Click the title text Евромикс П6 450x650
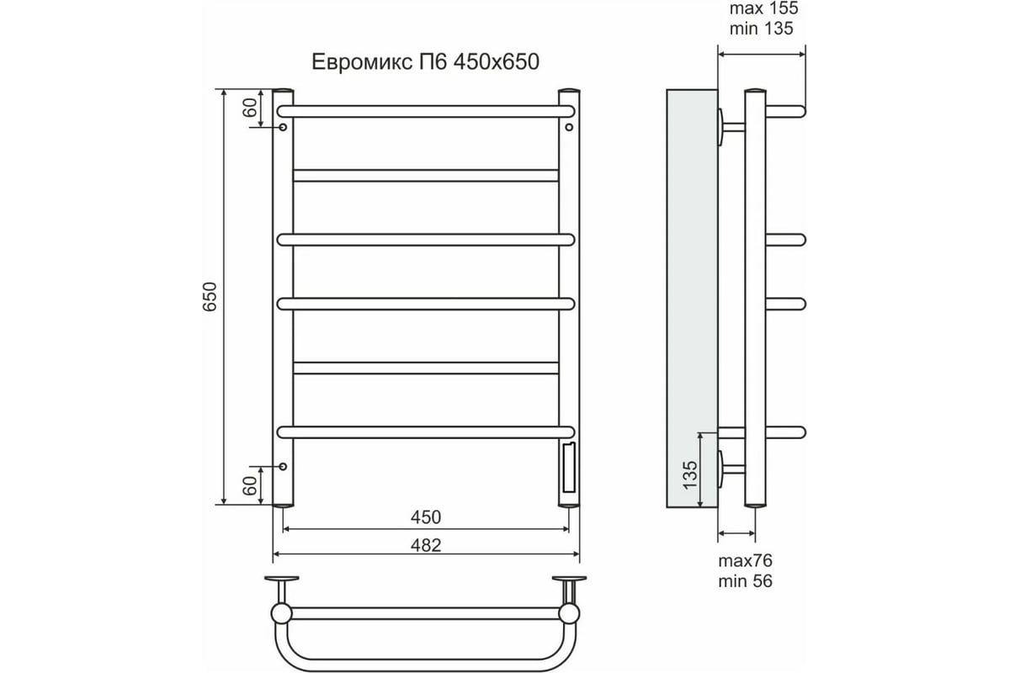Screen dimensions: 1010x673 pos(425,61)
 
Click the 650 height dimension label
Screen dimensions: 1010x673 pos(210,297)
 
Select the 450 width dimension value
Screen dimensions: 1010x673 pos(426,517)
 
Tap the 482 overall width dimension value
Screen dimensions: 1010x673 pos(426,545)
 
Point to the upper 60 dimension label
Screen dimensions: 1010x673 pos(249,108)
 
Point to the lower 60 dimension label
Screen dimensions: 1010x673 pos(249,485)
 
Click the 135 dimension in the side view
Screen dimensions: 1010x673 pos(690,474)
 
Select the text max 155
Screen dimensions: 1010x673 pos(764,8)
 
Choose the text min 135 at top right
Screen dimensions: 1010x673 pos(761,29)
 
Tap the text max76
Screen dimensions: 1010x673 pos(746,561)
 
